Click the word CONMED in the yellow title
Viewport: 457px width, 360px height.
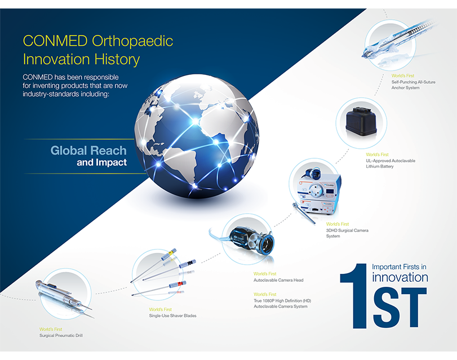[x=55, y=41]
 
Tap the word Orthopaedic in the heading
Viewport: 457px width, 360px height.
[x=132, y=41]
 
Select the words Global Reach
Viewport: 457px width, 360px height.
[x=88, y=150]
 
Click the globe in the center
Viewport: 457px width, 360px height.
[x=197, y=136]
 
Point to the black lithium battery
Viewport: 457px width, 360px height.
[x=361, y=122]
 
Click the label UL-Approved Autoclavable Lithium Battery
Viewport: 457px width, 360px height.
[x=391, y=163]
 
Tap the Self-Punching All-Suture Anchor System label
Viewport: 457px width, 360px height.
[x=413, y=85]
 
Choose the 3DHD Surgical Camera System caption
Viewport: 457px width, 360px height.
[x=347, y=233]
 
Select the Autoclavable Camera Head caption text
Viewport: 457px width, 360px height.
[x=278, y=280]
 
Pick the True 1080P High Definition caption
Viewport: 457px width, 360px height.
[x=282, y=304]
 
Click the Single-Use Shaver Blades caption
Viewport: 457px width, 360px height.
[x=172, y=315]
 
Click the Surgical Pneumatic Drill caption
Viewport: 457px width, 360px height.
[x=61, y=336]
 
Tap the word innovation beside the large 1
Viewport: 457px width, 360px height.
[x=400, y=277]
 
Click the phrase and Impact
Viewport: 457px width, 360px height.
[x=102, y=162]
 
